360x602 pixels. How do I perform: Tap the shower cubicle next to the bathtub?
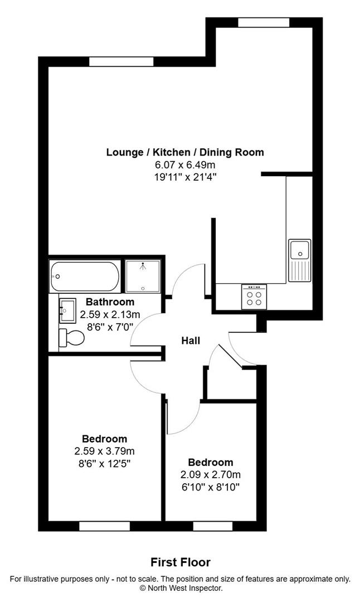(144, 275)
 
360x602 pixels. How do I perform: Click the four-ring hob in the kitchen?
(254, 295)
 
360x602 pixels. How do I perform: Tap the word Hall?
(190, 341)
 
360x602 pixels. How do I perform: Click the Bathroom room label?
(110, 302)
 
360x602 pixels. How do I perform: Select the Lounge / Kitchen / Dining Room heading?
(185, 152)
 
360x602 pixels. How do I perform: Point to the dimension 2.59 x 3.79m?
(104, 451)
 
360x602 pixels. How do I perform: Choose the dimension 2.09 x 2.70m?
(210, 475)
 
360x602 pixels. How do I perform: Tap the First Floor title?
(181, 562)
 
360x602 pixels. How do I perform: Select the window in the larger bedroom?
(104, 526)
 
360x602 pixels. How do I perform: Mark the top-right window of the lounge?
(264, 23)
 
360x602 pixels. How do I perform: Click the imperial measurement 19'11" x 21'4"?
(185, 177)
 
